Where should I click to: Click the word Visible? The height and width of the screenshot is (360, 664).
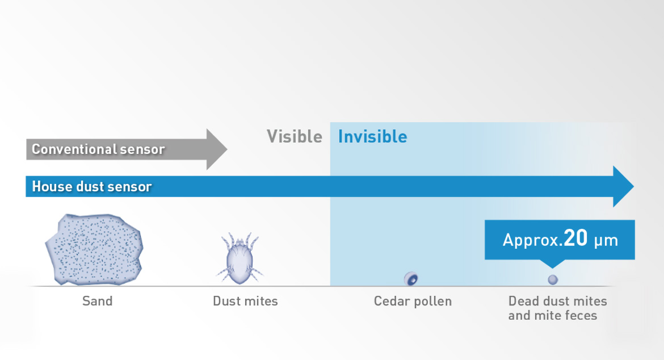point(295,137)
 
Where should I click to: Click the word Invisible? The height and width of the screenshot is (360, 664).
point(373,137)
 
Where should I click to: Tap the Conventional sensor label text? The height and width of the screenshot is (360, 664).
point(98,149)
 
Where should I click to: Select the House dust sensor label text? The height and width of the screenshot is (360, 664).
point(92,186)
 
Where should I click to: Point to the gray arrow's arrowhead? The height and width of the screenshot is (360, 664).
point(217,149)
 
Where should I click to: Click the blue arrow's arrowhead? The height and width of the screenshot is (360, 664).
point(623,186)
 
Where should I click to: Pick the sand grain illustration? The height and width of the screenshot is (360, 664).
point(94,249)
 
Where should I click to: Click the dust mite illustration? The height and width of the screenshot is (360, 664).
point(240,258)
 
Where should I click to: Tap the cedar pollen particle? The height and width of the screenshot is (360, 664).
point(411,279)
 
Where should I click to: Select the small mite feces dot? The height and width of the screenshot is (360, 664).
point(553,279)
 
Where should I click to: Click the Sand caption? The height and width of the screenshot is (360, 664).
point(98,301)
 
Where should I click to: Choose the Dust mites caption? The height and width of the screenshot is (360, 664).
point(245,301)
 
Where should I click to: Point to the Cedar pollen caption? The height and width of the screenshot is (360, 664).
point(413,301)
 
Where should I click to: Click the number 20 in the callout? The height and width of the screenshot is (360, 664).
point(575,238)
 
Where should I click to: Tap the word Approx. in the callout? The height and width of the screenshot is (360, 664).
point(533,240)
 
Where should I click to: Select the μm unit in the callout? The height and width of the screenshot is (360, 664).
point(606,241)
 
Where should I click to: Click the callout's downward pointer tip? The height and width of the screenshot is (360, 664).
point(552,267)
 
